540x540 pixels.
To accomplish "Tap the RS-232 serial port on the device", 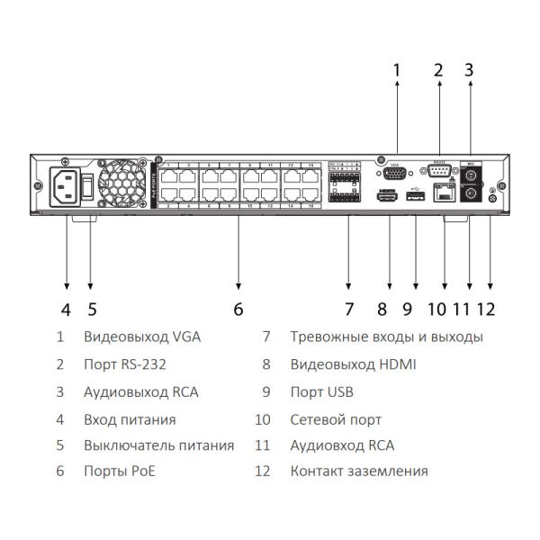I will pos(439,171).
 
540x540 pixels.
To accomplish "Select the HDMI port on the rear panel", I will pos(388,197).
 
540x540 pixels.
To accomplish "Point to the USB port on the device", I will pos(415,197).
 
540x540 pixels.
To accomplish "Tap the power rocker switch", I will pos(88,186).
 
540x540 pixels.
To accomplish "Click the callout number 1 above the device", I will pos(396,68).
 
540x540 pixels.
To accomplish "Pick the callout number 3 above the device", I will pos(468,68).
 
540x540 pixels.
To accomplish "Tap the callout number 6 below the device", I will pos(238,310).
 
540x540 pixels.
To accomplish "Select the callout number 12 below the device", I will pos(486,310).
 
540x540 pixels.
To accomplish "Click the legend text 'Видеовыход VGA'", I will pos(141,337).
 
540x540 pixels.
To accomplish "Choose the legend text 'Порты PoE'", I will pos(121,471).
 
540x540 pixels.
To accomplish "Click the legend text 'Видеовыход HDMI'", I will pos(353,364).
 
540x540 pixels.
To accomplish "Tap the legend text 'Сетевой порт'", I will pos(336,419).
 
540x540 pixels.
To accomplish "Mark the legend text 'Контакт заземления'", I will pos(358,471).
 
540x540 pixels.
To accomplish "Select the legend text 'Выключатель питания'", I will pos(158,445).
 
